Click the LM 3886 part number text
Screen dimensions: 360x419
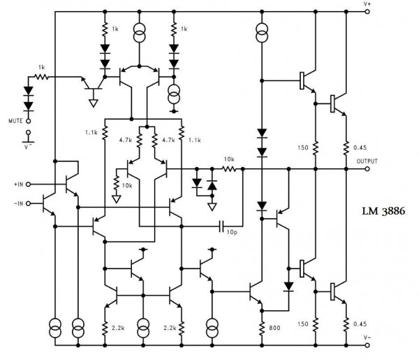[385, 211]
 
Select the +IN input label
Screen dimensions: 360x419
[18, 184]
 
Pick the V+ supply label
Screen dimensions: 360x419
[367, 4]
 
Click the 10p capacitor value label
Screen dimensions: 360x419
[231, 233]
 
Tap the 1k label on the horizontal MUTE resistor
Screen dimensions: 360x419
[43, 66]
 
